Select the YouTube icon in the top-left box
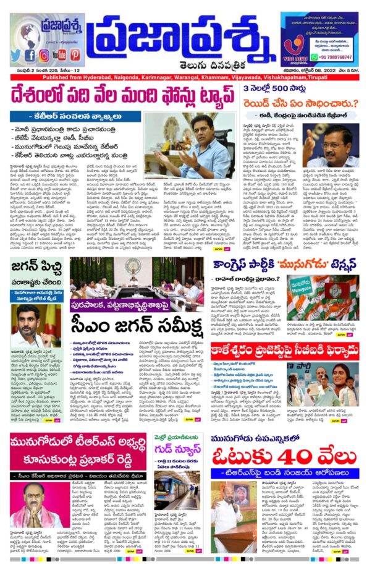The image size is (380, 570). tap(59, 54)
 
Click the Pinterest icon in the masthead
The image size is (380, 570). tap(75, 54)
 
